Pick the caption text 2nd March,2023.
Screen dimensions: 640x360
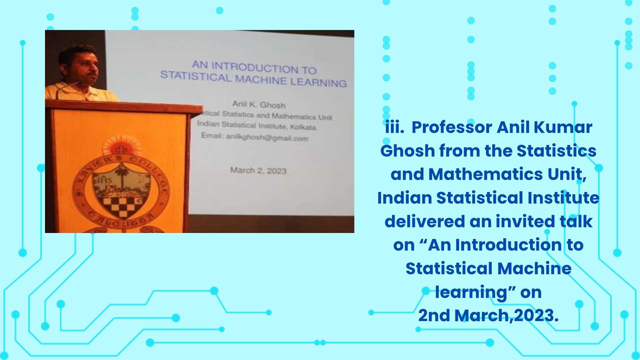tap(488, 316)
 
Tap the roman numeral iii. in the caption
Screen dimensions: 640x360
tap(395, 127)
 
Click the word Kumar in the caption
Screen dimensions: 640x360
tap(563, 127)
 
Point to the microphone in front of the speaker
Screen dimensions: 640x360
tap(68, 87)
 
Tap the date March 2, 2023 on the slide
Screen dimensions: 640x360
tap(258, 170)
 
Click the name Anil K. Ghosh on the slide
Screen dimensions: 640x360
tap(259, 104)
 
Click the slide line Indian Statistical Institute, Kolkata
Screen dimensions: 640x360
tap(256, 125)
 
